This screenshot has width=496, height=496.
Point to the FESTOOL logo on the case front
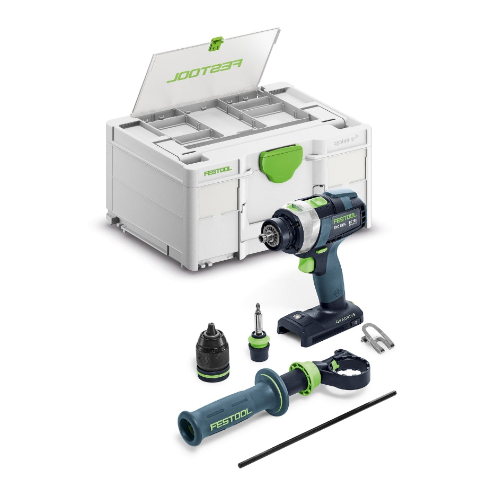coord(218,172)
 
